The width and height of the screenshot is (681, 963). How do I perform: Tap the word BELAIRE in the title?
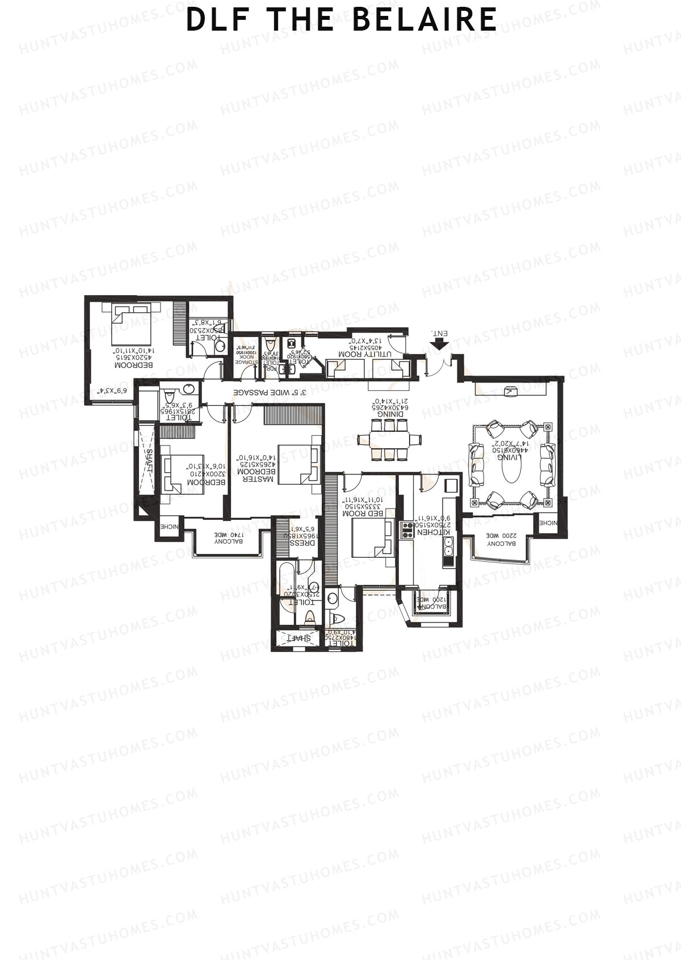pos(424,19)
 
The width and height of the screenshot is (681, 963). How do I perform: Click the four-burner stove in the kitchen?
pos(407,529)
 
